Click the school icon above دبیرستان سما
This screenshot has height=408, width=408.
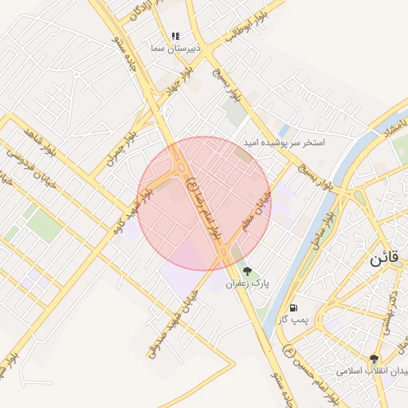(x=175, y=36)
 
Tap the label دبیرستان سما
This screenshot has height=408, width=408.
(x=175, y=48)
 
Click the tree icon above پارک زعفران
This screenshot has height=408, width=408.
(x=248, y=271)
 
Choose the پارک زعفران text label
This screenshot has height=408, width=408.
(x=248, y=283)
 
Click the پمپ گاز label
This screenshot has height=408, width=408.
(x=293, y=320)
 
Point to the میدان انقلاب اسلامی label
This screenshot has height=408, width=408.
(x=371, y=371)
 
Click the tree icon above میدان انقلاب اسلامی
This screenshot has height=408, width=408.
(x=374, y=359)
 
